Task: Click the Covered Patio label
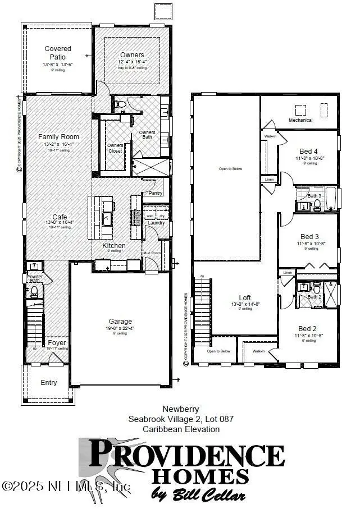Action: point(58,53)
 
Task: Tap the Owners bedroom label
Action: point(132,54)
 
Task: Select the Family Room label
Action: point(58,137)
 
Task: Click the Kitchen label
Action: point(113,246)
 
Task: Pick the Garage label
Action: point(120,322)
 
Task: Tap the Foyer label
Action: point(57,342)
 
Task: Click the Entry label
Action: point(49,383)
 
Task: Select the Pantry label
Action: point(152,194)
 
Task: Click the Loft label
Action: point(244,297)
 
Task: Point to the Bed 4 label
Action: point(308,152)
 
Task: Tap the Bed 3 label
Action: point(309,236)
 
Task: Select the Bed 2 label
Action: point(308,328)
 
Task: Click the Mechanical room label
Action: point(300,120)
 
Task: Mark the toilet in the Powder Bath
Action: point(34,291)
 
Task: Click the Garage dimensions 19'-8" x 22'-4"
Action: point(120,328)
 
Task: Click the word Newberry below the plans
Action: point(181,409)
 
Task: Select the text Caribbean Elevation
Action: point(181,429)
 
